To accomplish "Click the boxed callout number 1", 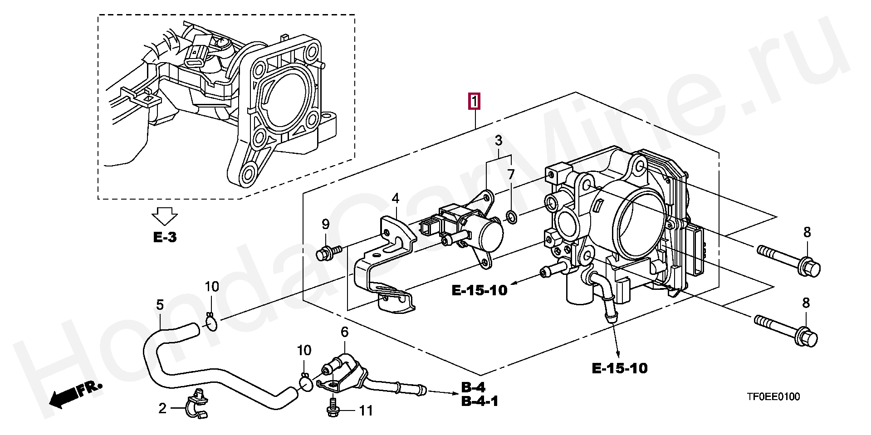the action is pos(474,102).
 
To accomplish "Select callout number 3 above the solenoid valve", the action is pos(499,141).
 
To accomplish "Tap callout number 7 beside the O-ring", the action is pos(511,175).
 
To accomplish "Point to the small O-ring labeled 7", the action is pos(511,217).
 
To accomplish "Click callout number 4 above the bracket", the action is pos(396,198).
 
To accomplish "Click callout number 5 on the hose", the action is pos(160,305).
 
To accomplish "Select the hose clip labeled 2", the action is pos(196,403).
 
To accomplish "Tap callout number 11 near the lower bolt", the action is pos(366,411).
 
